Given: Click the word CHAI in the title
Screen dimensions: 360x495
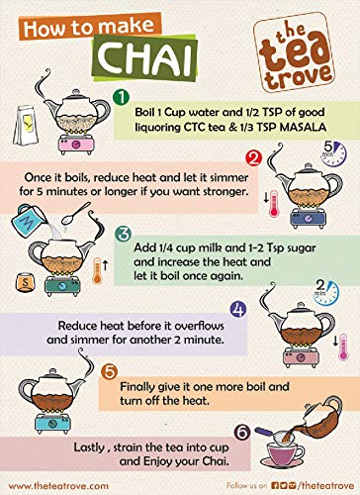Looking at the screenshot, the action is click(x=145, y=57).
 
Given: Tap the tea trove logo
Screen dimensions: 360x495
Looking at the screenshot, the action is click(x=294, y=52).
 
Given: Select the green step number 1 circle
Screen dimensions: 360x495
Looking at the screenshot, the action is click(x=121, y=97).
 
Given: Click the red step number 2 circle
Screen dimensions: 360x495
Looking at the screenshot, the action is click(x=253, y=158).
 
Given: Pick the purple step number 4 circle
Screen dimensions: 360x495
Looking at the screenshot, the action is click(x=238, y=310).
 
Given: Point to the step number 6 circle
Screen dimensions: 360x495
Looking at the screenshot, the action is click(x=242, y=433).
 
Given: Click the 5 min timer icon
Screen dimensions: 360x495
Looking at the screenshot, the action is click(x=333, y=153).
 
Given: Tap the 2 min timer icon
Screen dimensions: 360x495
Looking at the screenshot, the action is click(x=326, y=292).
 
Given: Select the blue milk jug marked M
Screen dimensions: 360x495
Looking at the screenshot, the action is click(x=28, y=220).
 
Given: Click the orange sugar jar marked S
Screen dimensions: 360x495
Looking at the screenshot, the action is click(x=25, y=282).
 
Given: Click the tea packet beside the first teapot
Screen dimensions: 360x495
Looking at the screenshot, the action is click(x=26, y=126).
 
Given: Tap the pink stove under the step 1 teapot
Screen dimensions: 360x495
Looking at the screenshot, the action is click(x=75, y=145).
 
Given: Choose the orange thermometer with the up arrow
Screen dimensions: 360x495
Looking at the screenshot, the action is click(x=97, y=270).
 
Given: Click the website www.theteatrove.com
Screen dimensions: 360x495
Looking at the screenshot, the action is click(x=58, y=486).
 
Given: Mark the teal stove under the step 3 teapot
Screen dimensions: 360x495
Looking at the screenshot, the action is click(x=62, y=285).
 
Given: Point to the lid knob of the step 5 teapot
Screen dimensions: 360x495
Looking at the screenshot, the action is click(x=52, y=371).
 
